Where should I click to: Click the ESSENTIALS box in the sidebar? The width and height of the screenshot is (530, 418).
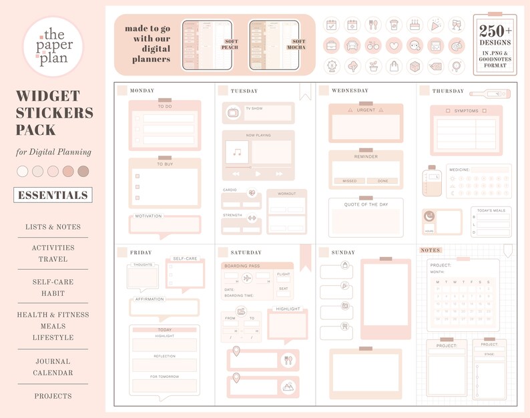(x=53, y=195)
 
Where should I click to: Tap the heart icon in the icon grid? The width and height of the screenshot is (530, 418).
(x=394, y=46)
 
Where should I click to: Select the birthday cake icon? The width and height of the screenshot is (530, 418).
(x=415, y=25)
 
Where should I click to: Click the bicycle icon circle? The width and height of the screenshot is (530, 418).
(x=373, y=46)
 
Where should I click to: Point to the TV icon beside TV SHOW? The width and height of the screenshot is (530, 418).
(x=233, y=113)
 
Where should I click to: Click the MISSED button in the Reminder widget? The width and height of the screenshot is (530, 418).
(x=349, y=181)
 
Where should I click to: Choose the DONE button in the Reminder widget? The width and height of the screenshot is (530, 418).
(x=382, y=181)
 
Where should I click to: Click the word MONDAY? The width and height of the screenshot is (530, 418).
(x=142, y=91)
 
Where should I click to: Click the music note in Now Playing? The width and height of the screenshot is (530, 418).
(x=236, y=152)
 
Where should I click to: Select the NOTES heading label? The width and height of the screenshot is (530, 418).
(x=431, y=250)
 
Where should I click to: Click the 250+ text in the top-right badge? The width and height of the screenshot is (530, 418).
(x=495, y=31)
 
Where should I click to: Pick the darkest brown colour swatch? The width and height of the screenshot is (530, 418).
(x=83, y=172)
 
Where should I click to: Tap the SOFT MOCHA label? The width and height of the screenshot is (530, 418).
(x=298, y=45)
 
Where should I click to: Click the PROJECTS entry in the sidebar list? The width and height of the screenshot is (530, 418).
(x=53, y=396)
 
